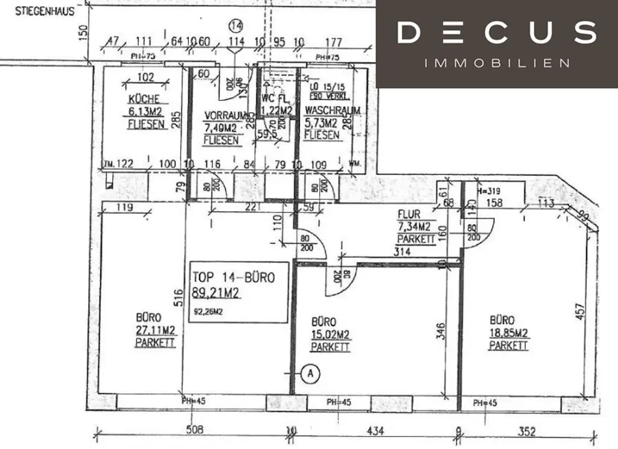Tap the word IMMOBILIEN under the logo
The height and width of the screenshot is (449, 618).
pos(497,63)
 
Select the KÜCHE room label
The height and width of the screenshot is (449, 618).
pos(144,99)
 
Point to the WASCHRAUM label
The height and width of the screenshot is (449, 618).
pos(333,110)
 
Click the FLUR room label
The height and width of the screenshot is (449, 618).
pos(409,214)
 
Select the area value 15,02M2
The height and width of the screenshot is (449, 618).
pos(331,335)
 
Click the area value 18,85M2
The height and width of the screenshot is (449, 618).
pos(509,333)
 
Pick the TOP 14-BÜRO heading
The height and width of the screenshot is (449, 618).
pos(234,278)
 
